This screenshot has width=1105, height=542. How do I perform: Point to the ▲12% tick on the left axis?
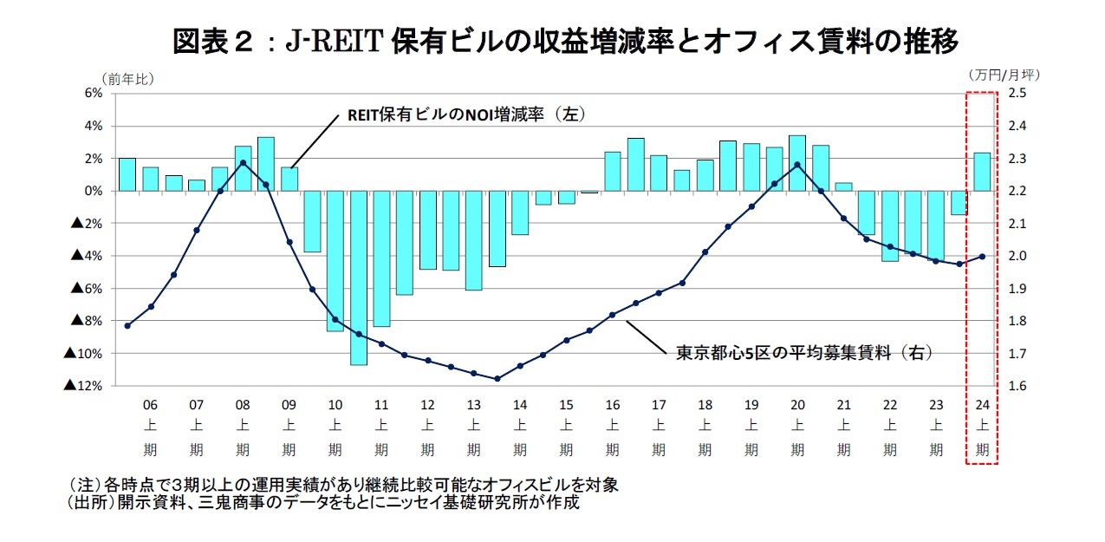(x=84, y=386)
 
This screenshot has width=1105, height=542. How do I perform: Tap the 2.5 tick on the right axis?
(x=1017, y=93)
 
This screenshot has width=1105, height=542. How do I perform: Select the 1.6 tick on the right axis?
(x=1017, y=386)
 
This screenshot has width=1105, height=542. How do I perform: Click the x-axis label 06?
(x=150, y=405)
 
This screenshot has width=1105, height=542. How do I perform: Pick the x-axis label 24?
(x=982, y=405)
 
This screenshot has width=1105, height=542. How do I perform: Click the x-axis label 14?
(x=520, y=405)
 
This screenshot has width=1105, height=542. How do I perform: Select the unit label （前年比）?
(x=127, y=78)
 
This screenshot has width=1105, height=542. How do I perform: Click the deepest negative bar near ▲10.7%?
(x=358, y=278)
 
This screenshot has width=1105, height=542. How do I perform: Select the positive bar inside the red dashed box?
(x=982, y=172)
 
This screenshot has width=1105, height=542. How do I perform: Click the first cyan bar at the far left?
(x=127, y=174)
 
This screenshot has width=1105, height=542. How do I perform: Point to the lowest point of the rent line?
(x=497, y=379)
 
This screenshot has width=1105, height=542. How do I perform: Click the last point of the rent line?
(x=982, y=256)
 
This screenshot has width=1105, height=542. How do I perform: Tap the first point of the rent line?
(x=127, y=326)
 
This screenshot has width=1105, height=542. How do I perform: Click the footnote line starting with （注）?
(x=343, y=483)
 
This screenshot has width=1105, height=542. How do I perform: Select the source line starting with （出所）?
(x=322, y=502)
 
